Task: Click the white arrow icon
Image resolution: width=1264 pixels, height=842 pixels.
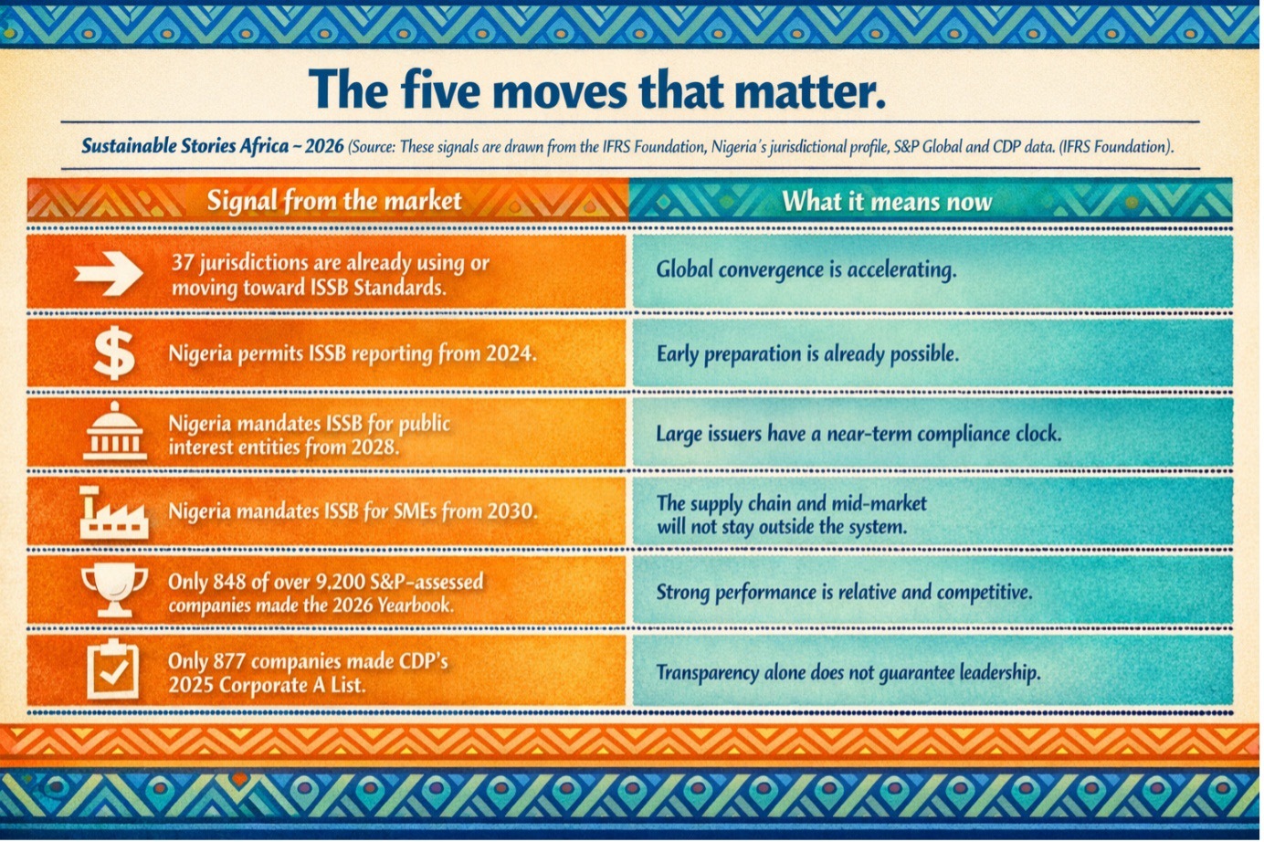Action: tap(109, 274)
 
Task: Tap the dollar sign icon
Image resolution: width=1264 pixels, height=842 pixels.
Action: tap(114, 354)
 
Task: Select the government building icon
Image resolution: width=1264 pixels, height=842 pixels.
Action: tap(115, 431)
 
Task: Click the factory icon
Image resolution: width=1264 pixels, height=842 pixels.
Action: tap(114, 511)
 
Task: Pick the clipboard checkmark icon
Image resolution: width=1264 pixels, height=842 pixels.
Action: tap(113, 668)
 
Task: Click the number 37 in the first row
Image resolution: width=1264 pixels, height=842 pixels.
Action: tap(183, 263)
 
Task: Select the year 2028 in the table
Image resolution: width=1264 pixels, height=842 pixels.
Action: tap(374, 447)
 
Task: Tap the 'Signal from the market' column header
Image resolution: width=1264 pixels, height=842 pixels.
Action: tap(334, 200)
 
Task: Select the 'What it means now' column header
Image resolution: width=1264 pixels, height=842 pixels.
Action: tap(887, 202)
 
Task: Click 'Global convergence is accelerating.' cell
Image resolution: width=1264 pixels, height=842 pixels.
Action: tap(806, 270)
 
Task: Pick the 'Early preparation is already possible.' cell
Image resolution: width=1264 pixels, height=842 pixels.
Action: tap(807, 354)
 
